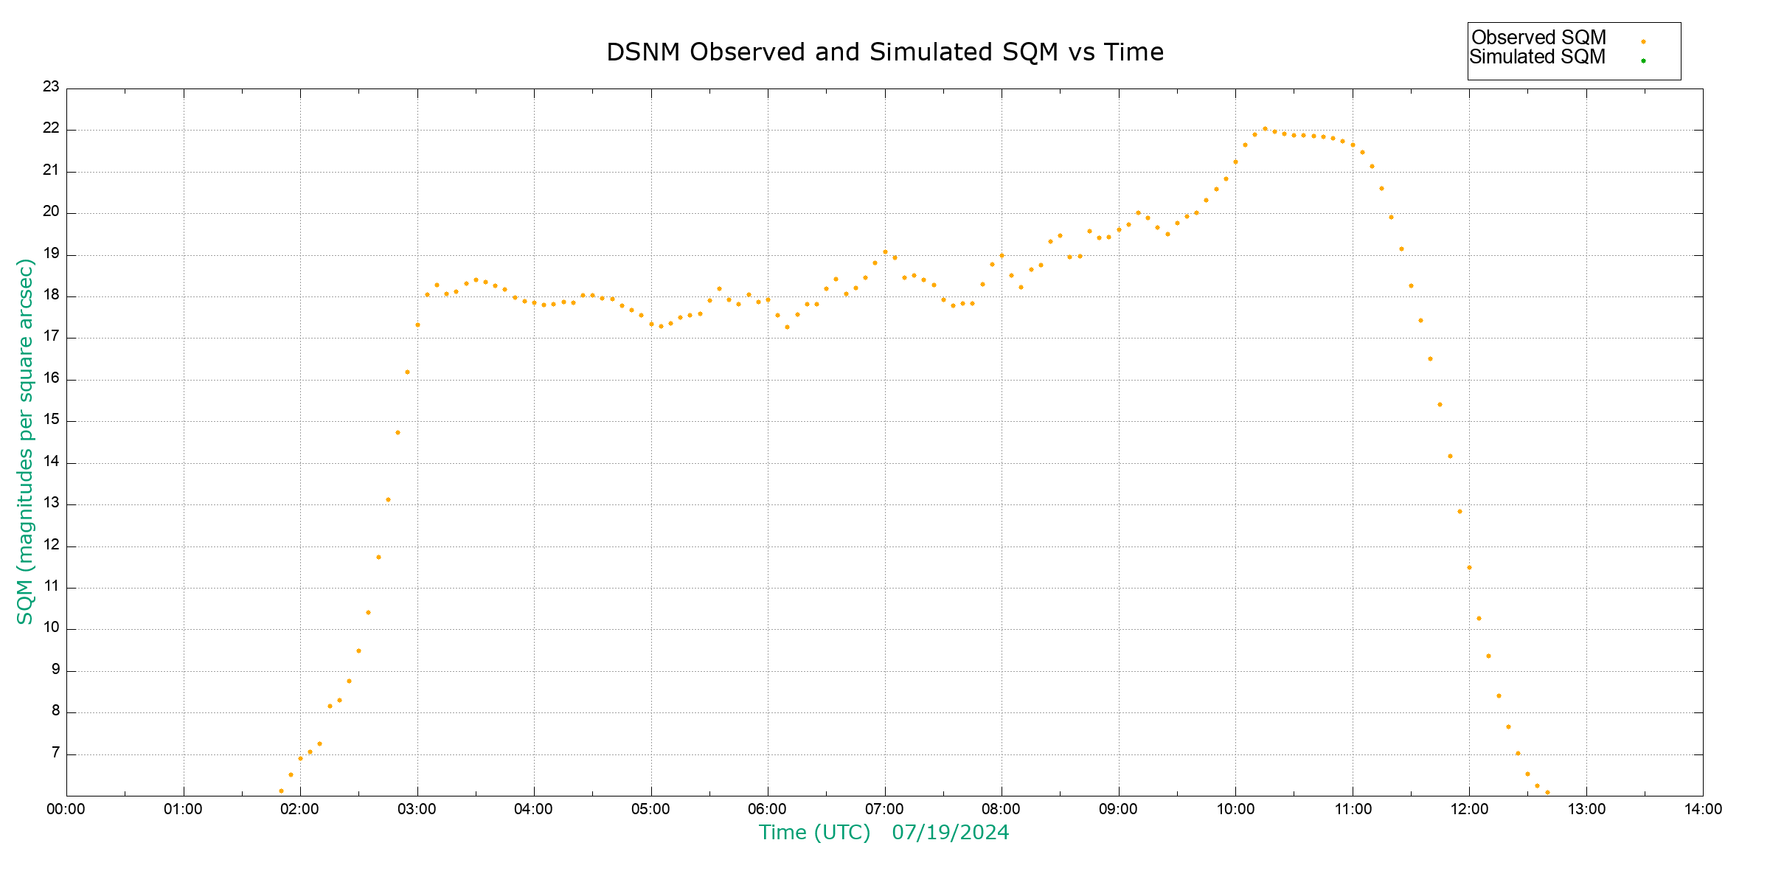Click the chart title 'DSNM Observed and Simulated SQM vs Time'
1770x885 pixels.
click(x=884, y=52)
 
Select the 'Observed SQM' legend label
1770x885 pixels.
click(x=1538, y=38)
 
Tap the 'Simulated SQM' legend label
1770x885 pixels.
click(x=1537, y=57)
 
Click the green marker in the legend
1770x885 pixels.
click(x=1643, y=60)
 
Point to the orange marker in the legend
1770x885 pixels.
click(x=1643, y=41)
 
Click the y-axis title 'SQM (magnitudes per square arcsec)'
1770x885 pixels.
click(x=25, y=441)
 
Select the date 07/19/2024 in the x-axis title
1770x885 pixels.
click(x=950, y=833)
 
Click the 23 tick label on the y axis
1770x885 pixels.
click(x=51, y=87)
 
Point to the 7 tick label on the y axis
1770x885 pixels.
click(x=55, y=753)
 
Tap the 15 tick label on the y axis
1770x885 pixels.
click(x=51, y=420)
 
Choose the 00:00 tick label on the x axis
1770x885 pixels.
click(x=66, y=809)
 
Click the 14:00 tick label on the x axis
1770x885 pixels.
click(x=1703, y=809)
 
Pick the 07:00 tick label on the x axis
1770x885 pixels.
click(x=884, y=809)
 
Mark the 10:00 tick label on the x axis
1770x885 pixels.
click(x=1235, y=809)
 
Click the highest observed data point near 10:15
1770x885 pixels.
click(x=1265, y=128)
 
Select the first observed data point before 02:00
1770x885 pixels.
click(x=281, y=791)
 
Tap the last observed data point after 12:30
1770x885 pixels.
click(x=1547, y=792)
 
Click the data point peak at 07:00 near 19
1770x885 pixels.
click(x=885, y=251)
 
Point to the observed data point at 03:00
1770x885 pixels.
click(x=417, y=324)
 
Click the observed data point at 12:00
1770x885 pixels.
click(x=1469, y=567)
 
